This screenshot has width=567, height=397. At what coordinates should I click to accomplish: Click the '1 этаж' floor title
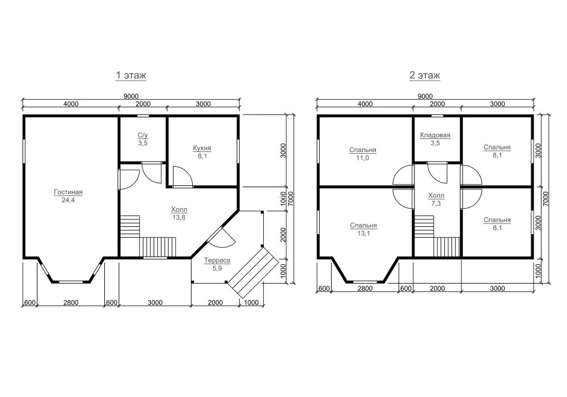point(131,75)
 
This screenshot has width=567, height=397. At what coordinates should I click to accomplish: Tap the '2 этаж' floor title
point(425,75)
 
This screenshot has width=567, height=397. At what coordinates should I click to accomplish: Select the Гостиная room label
point(69,192)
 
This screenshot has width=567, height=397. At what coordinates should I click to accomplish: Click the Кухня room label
point(202,148)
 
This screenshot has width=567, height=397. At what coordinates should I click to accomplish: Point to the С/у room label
point(143,135)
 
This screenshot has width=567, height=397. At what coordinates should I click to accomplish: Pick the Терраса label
point(217,260)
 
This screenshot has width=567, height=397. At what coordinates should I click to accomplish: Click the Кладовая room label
point(435,135)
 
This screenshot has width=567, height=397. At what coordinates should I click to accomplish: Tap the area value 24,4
point(68,200)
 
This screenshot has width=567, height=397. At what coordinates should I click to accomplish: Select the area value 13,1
point(363,233)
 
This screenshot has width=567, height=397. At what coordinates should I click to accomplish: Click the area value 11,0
point(363,158)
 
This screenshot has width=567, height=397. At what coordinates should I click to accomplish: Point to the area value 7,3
point(436,204)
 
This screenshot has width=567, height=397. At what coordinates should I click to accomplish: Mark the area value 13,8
point(179,218)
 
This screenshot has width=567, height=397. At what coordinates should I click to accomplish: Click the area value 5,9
point(217,268)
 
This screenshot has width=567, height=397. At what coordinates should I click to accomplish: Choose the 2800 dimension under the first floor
point(71,303)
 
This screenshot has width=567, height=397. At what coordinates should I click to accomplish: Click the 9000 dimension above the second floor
point(425,96)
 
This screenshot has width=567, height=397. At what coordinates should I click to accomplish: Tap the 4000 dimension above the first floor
point(71,104)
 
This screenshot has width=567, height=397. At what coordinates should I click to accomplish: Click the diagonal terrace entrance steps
point(253,272)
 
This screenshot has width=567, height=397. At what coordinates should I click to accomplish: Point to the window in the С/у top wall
point(143,116)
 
